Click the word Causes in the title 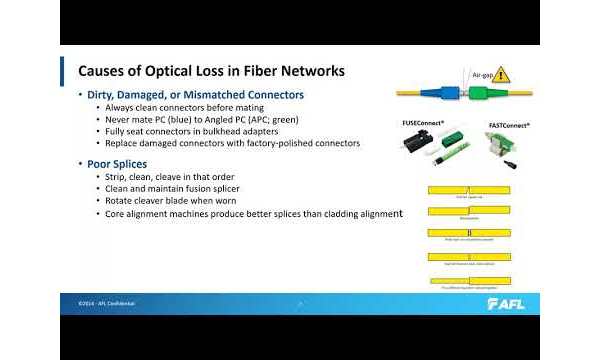click(105, 72)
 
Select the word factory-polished click(277, 143)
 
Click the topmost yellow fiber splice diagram click(469, 188)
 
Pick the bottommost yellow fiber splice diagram click(469, 281)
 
